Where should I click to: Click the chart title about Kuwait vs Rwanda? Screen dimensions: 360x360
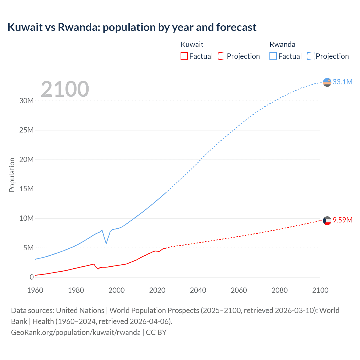(132, 27)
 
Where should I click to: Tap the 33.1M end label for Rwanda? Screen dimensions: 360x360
(342, 82)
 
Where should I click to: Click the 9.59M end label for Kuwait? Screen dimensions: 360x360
(342, 220)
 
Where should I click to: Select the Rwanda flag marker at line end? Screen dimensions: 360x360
(327, 82)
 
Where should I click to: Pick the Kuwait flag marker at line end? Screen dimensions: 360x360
(327, 221)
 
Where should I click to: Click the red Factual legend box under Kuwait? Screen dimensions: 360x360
(184, 56)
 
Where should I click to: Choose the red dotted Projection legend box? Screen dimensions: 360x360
(222, 56)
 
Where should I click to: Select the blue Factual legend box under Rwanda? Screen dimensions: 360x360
(273, 56)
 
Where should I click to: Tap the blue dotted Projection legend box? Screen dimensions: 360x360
(310, 56)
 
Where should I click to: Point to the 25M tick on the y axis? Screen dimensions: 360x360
(26, 130)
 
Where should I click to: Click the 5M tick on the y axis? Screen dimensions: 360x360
(28, 248)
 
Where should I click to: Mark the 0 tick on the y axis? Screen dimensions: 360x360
(31, 277)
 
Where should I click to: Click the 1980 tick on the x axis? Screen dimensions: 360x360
(76, 290)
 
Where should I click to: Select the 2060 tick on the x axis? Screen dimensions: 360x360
(239, 290)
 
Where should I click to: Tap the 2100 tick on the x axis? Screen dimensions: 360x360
(320, 290)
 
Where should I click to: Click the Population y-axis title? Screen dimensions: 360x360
(12, 175)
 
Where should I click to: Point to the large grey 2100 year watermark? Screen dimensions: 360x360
(65, 89)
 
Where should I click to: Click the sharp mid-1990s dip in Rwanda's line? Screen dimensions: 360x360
(106, 243)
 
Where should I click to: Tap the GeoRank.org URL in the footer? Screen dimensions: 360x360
(76, 332)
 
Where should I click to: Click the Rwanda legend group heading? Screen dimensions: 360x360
(282, 44)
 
